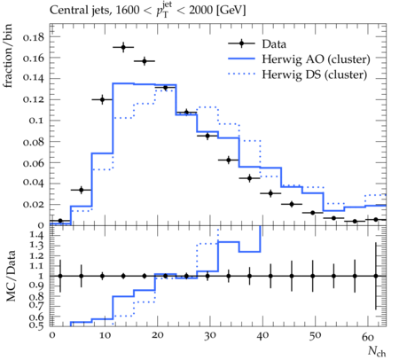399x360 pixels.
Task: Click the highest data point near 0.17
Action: (x=123, y=47)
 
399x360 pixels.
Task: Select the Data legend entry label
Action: (x=274, y=44)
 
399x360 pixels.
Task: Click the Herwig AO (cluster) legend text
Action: (x=316, y=59)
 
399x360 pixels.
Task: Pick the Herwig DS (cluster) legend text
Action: (x=315, y=74)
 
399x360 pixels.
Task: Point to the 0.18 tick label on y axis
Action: (x=33, y=37)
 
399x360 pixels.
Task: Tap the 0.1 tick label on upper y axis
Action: (x=36, y=121)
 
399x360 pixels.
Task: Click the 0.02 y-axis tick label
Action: (x=33, y=204)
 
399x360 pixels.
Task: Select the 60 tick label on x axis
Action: (x=368, y=336)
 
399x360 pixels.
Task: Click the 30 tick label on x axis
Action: (x=210, y=336)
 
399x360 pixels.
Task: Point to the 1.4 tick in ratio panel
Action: (x=36, y=236)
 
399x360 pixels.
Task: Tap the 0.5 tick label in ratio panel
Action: (x=36, y=325)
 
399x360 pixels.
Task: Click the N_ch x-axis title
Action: (x=377, y=351)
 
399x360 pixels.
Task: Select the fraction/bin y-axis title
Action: (x=8, y=56)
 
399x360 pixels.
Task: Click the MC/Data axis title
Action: (x=11, y=276)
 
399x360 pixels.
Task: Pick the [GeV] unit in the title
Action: (x=231, y=11)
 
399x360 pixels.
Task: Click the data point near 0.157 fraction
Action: (x=145, y=61)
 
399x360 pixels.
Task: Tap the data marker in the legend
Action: (x=241, y=43)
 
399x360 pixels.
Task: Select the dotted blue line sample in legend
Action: (x=241, y=74)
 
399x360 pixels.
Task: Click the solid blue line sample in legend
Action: (x=241, y=59)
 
